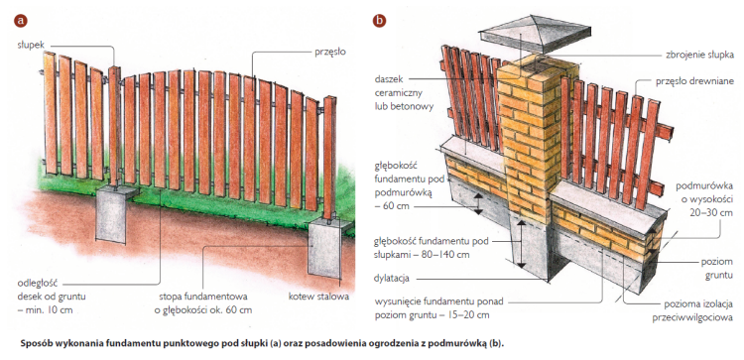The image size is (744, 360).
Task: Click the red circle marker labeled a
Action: pyautogui.click(x=21, y=21)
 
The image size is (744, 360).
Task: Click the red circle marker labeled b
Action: pyautogui.click(x=379, y=21)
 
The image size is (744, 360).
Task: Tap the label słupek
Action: pyautogui.click(x=31, y=45)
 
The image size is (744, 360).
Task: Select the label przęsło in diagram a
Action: pyautogui.click(x=330, y=53)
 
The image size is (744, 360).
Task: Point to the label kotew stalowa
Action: pyautogui.click(x=318, y=297)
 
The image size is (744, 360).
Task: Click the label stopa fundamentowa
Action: pyautogui.click(x=203, y=297)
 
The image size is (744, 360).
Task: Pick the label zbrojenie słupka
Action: pyautogui.click(x=699, y=55)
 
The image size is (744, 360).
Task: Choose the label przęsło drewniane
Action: pyautogui.click(x=694, y=81)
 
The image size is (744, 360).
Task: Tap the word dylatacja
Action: pyautogui.click(x=392, y=279)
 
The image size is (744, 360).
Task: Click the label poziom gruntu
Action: pyautogui.click(x=717, y=269)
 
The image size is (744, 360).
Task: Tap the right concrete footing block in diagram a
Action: pyautogui.click(x=325, y=248)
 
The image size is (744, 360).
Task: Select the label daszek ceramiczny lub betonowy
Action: pyautogui.click(x=404, y=93)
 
